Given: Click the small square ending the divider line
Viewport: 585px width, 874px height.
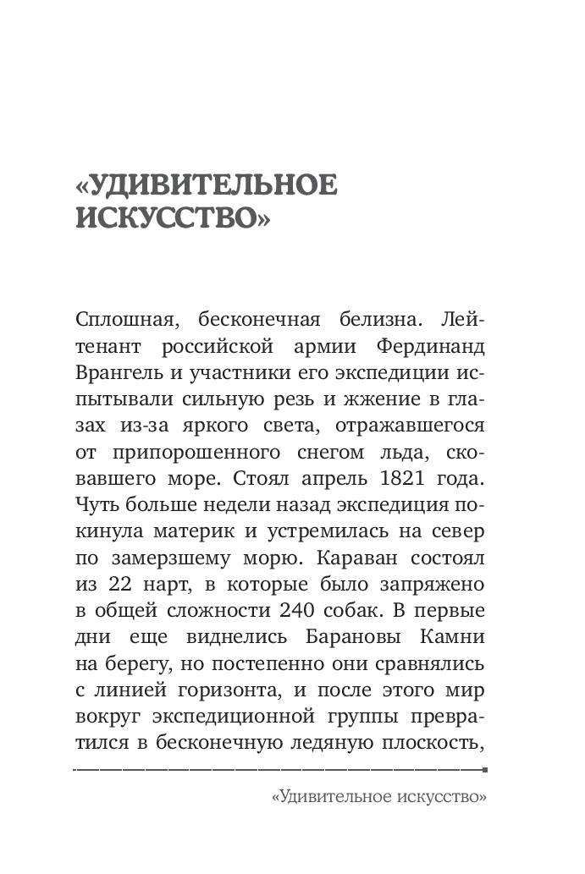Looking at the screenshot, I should point(484,770).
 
